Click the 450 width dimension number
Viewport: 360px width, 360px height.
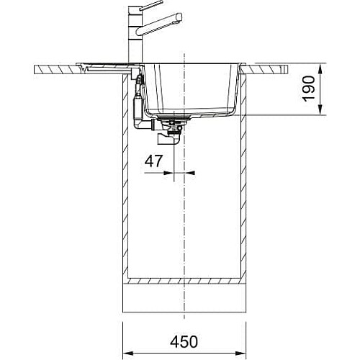tap(184, 341)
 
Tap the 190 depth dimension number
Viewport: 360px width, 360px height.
tap(309, 89)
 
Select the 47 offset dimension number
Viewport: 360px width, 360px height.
tap(153, 161)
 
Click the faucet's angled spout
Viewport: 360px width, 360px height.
tap(159, 25)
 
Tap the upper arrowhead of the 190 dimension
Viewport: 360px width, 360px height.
tap(320, 70)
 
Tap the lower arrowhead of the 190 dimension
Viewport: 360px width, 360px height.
tap(320, 109)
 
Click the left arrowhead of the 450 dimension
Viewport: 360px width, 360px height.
tap(128, 354)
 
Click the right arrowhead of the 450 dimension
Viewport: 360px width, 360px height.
tap(240, 354)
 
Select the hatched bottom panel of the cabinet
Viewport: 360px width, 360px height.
tap(184, 281)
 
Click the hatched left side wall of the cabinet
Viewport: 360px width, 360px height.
tap(125, 179)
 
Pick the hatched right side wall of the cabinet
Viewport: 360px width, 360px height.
tap(243, 179)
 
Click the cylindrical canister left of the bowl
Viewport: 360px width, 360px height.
tap(138, 107)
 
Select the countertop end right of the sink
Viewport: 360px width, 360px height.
tap(267, 69)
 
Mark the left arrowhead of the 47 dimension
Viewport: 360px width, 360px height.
tap(168, 173)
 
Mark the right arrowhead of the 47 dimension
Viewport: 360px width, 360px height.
tap(189, 173)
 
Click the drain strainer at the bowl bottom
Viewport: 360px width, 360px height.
tap(174, 117)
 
